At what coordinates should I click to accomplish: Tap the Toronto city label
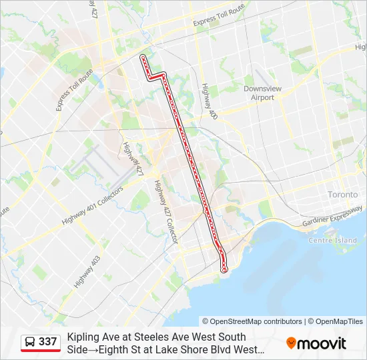pyautogui.click(x=342, y=195)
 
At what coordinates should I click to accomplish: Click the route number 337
pyautogui.click(x=47, y=342)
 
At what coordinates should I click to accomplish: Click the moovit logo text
pyautogui.click(x=322, y=344)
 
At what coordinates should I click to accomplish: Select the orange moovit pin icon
pyautogui.click(x=291, y=343)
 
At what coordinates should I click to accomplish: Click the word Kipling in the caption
pyautogui.click(x=81, y=337)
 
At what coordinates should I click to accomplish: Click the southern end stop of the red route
pyautogui.click(x=224, y=269)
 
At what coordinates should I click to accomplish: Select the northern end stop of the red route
pyautogui.click(x=142, y=58)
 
